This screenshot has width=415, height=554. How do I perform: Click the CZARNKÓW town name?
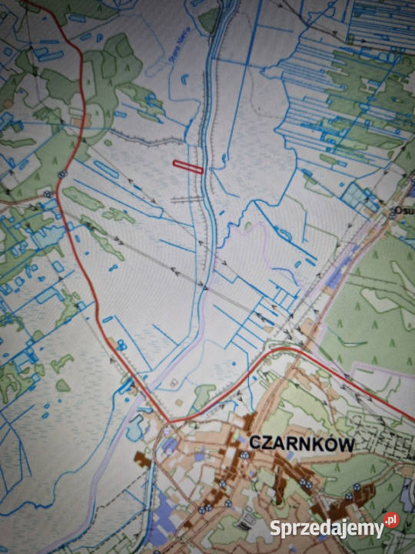(x=301, y=444)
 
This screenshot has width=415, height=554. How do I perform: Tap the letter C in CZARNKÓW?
(x=254, y=444)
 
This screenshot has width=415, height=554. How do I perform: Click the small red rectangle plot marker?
(x=188, y=165)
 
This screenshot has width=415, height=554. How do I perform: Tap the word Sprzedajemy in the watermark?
(x=327, y=529)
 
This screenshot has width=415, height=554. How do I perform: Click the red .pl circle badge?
(x=392, y=521)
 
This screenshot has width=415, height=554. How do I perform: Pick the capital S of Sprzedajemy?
(x=275, y=528)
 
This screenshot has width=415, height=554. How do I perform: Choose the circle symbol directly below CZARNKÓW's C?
(x=244, y=456)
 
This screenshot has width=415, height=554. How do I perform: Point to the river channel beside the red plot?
(x=206, y=165)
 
